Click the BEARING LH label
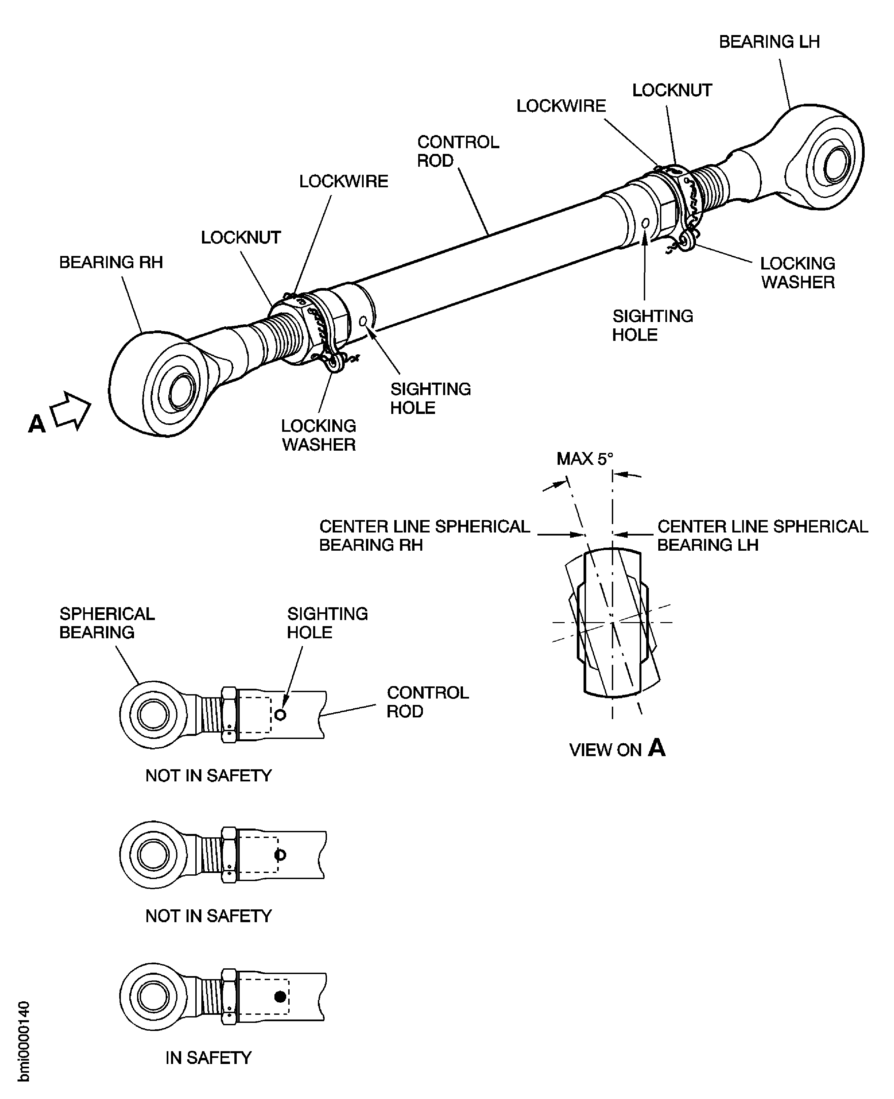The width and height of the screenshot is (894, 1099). point(769,42)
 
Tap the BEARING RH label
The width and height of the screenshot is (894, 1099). point(111,262)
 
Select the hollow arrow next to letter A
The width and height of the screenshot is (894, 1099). point(71,411)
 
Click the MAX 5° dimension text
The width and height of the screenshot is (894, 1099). point(585,458)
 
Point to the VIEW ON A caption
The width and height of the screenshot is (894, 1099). point(617,749)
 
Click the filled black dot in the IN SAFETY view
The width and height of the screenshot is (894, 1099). point(280,997)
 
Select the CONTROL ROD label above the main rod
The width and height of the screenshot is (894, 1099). point(457,152)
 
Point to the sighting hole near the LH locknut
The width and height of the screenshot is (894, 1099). point(645,223)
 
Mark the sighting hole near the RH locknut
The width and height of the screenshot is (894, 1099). point(363,321)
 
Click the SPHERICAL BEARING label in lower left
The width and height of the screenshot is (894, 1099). point(107,623)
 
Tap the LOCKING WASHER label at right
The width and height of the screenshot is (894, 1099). point(797,273)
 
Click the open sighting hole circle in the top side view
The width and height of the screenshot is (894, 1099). point(280,715)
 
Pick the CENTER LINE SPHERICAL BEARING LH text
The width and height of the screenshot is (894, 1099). point(762,536)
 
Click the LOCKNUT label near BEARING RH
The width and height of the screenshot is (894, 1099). point(240,237)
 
